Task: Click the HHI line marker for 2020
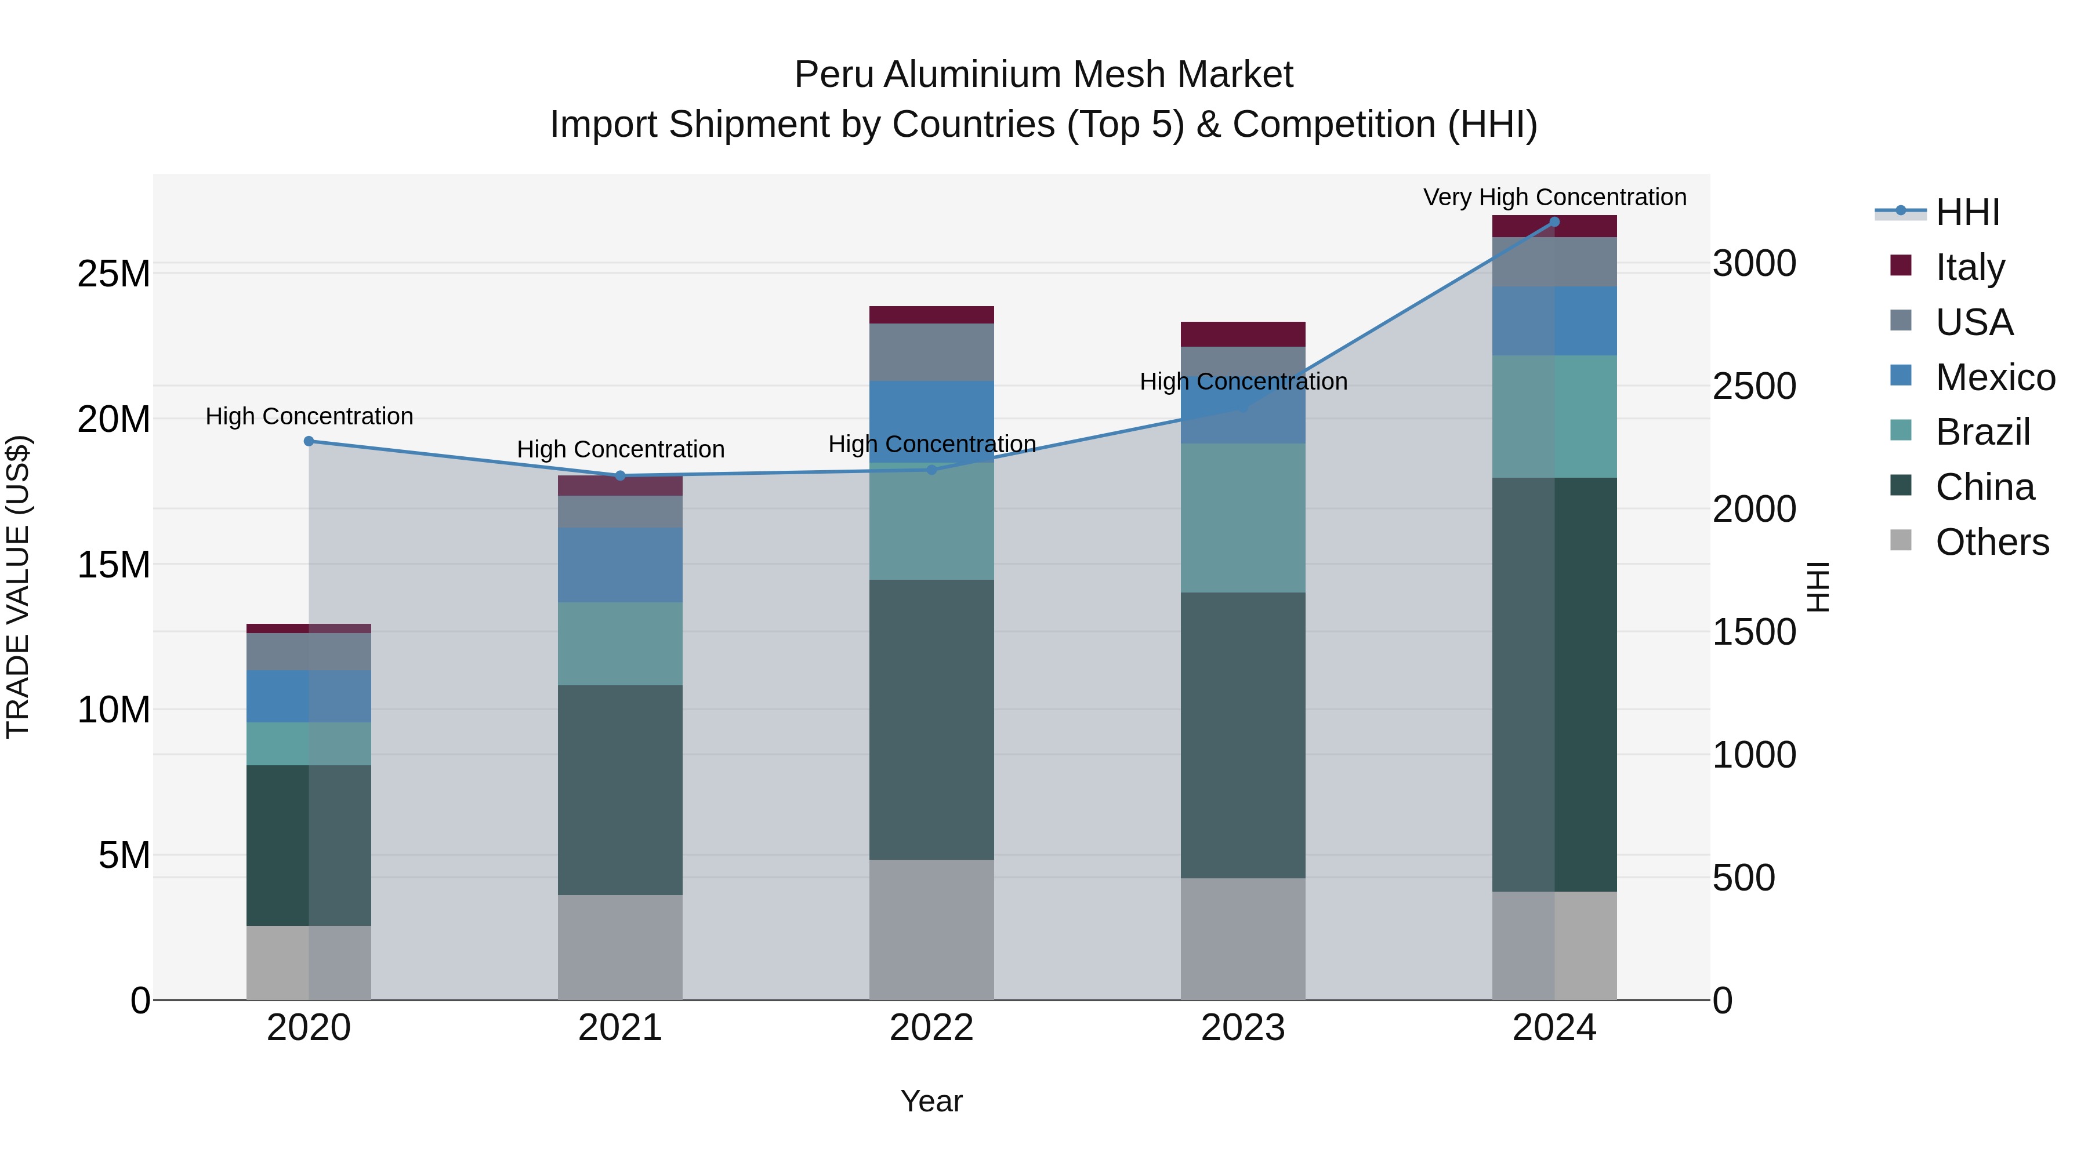click(x=309, y=442)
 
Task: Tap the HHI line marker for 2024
click(x=1554, y=222)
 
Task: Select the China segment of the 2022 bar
click(x=931, y=719)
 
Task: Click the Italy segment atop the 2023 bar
click(x=1242, y=334)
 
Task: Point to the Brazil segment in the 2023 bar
click(x=1242, y=518)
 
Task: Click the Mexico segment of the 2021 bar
click(x=620, y=565)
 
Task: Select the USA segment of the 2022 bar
click(x=931, y=352)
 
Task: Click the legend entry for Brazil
click(x=1982, y=432)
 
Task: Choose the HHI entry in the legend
click(x=1967, y=213)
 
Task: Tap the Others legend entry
click(x=1992, y=542)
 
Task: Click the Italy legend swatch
click(x=1900, y=266)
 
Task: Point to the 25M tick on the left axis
click(x=114, y=274)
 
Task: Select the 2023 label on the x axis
click(x=1242, y=1028)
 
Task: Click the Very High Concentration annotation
click(x=1554, y=197)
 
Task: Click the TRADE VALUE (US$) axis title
click(x=18, y=587)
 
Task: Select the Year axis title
click(x=931, y=1101)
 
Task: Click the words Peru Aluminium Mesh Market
click(x=1043, y=75)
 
